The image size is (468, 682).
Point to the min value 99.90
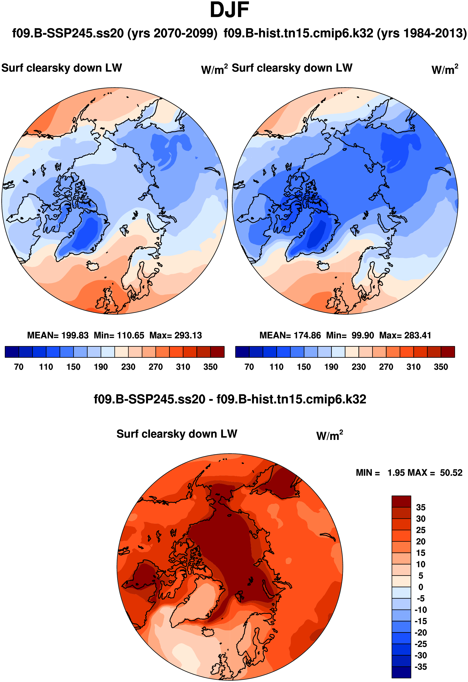363,335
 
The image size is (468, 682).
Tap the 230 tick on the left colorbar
128,367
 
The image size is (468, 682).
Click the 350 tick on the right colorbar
441,367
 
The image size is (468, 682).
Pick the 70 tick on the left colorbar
19,367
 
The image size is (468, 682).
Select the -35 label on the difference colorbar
420,667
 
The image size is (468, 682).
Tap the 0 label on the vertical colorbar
420,587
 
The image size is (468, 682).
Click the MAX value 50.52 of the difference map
451,473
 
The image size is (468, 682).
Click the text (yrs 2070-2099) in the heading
172,33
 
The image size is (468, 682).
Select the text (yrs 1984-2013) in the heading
422,33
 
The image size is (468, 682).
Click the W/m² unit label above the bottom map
329,436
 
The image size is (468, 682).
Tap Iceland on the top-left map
93,266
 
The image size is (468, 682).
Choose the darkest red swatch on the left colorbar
217,352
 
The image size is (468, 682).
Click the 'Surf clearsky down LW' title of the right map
292,68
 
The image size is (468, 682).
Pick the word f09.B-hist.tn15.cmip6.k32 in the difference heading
291,399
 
